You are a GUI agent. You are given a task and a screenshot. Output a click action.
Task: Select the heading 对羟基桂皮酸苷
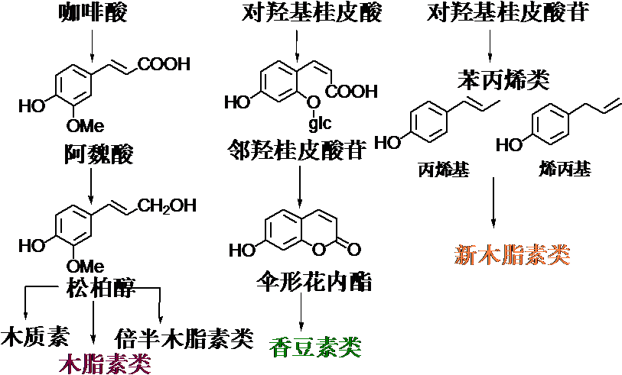coord(506,13)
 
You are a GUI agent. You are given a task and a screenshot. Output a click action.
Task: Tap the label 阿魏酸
coord(98,155)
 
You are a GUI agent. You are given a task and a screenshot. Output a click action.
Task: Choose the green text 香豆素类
coord(315,348)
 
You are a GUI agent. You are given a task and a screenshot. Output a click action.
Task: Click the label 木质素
coord(37,337)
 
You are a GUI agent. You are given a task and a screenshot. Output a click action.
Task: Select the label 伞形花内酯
coord(314,283)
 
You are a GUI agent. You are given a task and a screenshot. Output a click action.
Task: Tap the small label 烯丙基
coord(565,170)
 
